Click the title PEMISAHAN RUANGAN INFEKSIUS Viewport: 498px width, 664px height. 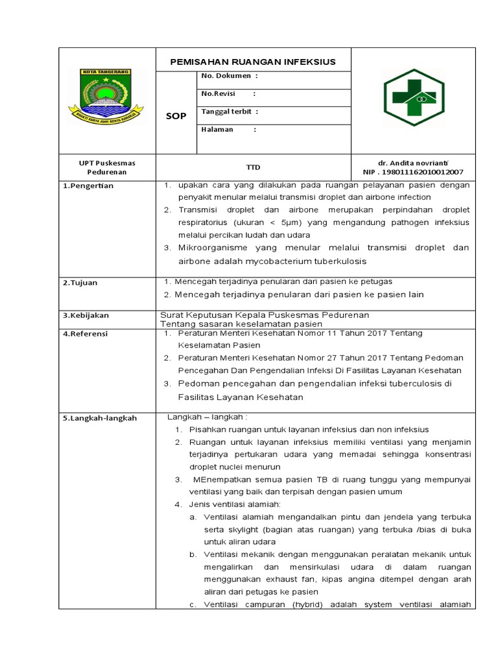pos(253,62)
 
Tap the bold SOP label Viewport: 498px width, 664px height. pos(176,116)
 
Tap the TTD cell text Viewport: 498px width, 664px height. pos(253,167)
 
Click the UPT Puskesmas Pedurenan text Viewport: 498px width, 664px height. pos(108,167)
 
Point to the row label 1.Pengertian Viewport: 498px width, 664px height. pos(88,186)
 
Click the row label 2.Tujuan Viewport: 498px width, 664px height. pos(80,283)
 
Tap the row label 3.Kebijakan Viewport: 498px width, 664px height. pos(86,315)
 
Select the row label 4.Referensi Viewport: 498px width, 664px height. pos(86,333)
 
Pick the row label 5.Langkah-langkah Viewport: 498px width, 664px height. pos(100,418)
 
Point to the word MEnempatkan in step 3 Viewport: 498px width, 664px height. pos(218,479)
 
